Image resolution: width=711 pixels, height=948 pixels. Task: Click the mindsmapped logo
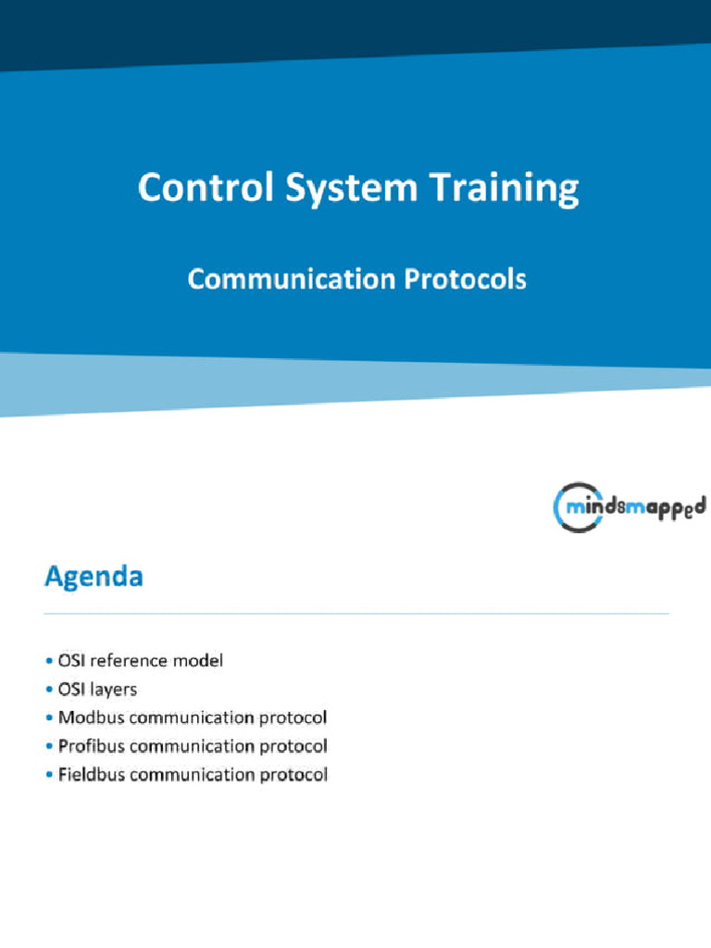click(629, 506)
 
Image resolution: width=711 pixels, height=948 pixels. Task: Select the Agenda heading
click(94, 578)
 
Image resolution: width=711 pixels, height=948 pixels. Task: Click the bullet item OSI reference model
click(140, 661)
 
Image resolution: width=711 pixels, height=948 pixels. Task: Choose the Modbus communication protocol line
click(192, 717)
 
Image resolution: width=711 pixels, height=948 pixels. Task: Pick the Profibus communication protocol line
click(192, 746)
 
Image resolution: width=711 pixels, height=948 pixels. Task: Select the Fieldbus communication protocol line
click(192, 775)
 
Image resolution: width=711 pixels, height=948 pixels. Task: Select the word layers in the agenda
click(113, 690)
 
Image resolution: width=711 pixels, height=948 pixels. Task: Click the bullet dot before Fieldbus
click(49, 775)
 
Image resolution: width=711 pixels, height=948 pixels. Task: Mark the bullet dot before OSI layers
click(49, 690)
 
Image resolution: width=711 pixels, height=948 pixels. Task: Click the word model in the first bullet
click(201, 661)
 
